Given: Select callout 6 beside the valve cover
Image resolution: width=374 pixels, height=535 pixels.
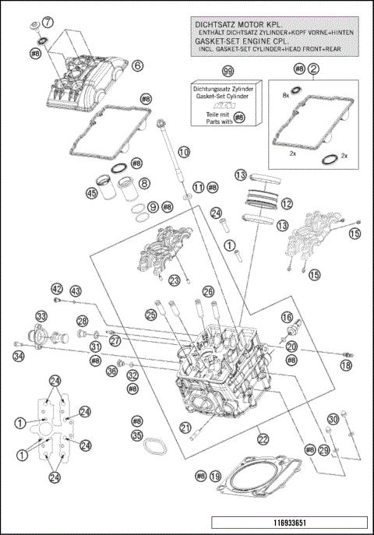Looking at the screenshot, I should coord(137,67).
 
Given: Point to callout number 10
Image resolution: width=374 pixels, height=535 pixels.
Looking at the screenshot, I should coord(183,153).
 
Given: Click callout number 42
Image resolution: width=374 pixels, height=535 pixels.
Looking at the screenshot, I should coord(57,289).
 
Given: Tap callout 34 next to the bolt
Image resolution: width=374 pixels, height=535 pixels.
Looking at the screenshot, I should coord(19,357).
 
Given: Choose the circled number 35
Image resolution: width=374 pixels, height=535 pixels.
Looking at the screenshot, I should coord(137,436).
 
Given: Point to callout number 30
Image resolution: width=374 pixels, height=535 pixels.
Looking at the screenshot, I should coord(333,420).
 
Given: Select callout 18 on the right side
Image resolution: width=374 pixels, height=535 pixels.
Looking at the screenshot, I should coord(346,364).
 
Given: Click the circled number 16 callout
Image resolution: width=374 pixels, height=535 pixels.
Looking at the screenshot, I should coord(286,317).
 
